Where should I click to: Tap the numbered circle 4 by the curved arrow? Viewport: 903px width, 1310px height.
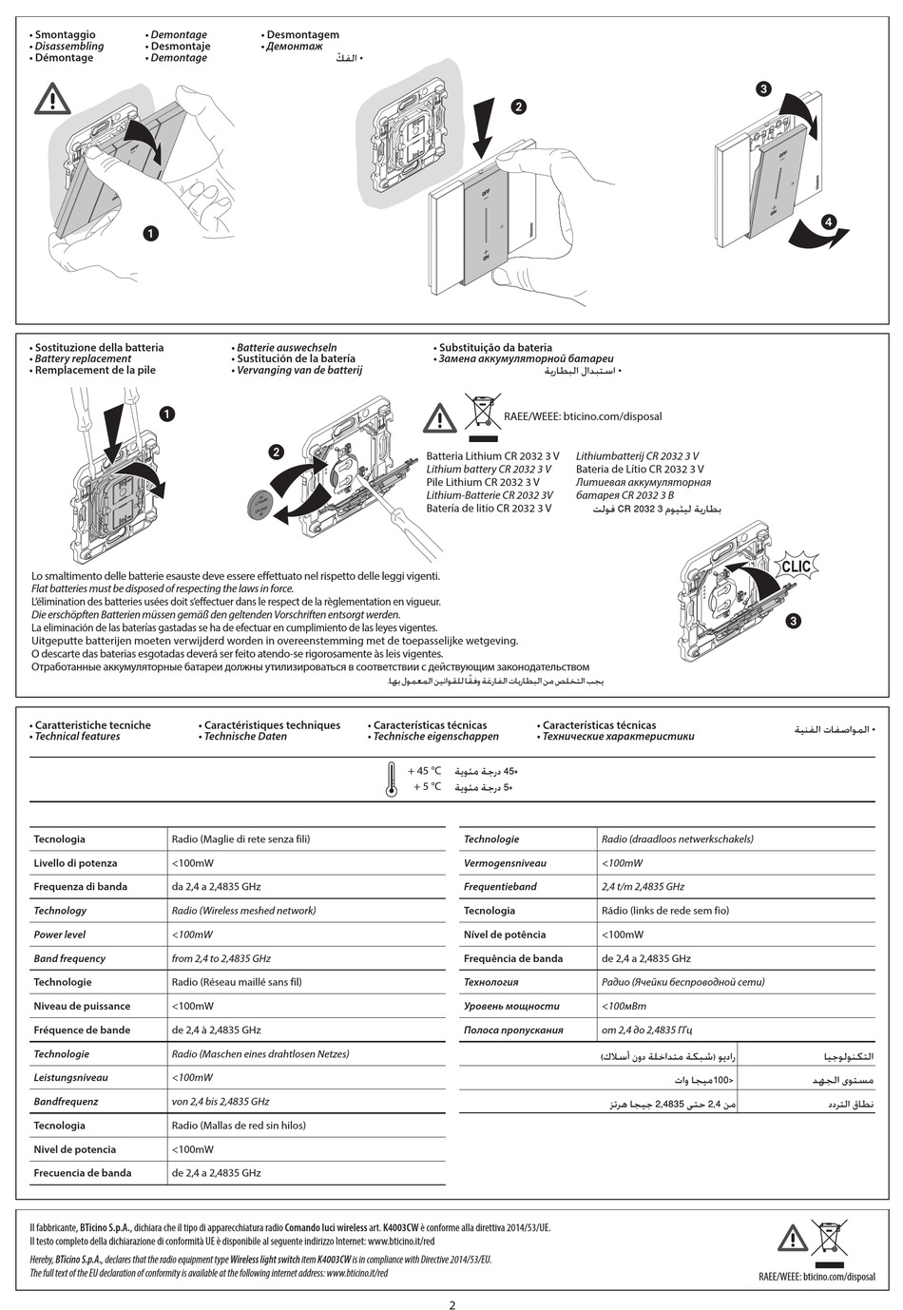coord(829,222)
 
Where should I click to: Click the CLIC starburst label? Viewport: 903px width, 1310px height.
coord(795,567)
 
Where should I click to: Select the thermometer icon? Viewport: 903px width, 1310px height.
coord(391,779)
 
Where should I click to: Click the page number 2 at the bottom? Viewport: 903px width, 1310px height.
coord(451,1304)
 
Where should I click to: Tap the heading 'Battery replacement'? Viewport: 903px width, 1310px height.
coord(83,359)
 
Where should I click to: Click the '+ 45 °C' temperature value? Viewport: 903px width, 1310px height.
coord(424,771)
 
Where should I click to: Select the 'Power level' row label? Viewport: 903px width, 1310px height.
coord(60,934)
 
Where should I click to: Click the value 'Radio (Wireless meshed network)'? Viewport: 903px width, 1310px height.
coord(243,911)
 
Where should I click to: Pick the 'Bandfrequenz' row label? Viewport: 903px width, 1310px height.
coord(66,1102)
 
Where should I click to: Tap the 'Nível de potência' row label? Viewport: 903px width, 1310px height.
coord(505,934)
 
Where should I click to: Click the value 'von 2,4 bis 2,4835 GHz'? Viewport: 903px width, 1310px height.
coord(221,1102)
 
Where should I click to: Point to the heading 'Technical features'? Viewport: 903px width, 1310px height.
coord(77,737)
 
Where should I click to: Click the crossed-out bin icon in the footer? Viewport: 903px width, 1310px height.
coord(830,1239)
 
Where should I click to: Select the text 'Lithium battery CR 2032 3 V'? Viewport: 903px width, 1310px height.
coord(489,470)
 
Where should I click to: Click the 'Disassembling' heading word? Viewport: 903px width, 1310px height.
coord(69,47)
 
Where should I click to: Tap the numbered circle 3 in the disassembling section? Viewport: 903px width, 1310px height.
coord(763,89)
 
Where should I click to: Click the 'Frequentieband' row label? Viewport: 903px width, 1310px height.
coord(500,887)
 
